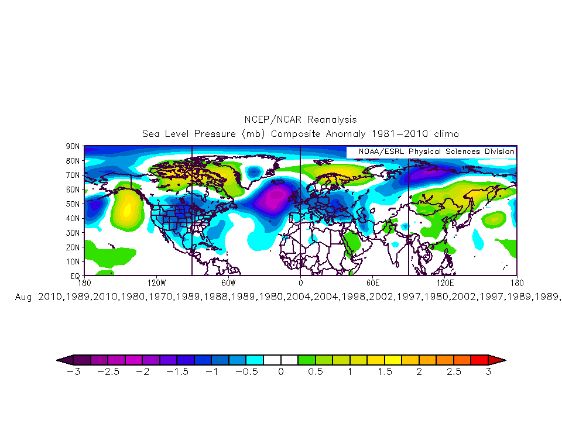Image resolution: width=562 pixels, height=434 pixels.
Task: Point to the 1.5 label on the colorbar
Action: pyautogui.click(x=385, y=372)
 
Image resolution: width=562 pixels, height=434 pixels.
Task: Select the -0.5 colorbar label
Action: pyautogui.click(x=246, y=372)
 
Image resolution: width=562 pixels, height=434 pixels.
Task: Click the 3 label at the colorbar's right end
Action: pyautogui.click(x=488, y=372)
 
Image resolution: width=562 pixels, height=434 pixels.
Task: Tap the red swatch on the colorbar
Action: pyautogui.click(x=480, y=359)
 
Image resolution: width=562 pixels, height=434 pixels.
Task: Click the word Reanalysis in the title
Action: pyautogui.click(x=329, y=120)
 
